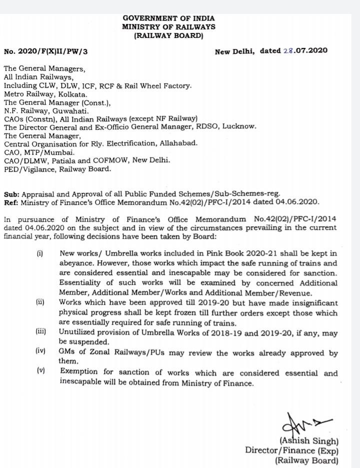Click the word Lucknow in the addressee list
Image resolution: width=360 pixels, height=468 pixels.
[239, 127]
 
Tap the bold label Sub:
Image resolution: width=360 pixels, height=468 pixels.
[11, 193]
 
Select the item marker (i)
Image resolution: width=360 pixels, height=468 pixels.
[39, 254]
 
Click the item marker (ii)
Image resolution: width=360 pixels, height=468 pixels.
[40, 302]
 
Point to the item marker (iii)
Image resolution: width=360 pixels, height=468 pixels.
[41, 332]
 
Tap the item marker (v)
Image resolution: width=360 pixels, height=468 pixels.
[41, 371]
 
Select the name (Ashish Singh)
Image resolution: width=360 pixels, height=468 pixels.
[308, 441]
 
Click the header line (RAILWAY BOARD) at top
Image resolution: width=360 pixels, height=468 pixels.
[168, 36]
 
